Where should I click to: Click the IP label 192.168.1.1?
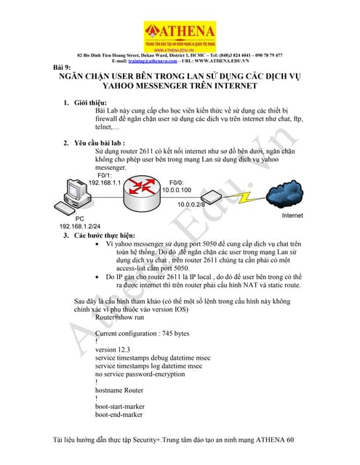point(104,182)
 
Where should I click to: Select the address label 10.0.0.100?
point(177,190)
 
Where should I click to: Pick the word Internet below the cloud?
point(292,217)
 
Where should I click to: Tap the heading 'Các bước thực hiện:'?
point(105,235)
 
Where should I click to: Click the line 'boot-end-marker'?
point(121,416)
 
